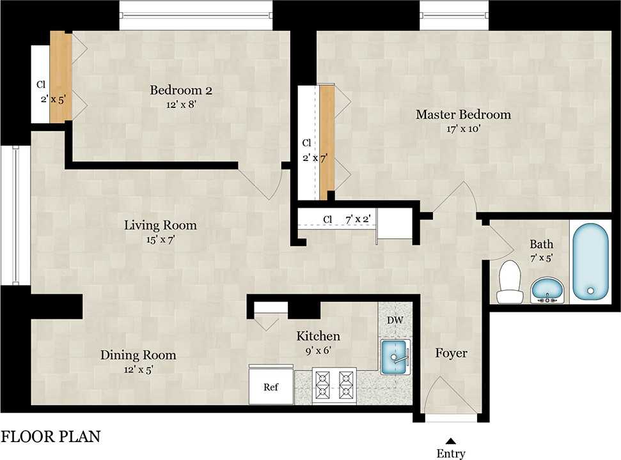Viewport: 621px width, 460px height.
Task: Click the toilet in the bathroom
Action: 510,283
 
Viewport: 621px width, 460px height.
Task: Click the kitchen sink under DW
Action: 395,356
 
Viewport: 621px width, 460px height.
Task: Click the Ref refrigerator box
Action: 271,387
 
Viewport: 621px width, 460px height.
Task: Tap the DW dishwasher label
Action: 394,319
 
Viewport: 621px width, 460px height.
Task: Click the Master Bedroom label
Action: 463,115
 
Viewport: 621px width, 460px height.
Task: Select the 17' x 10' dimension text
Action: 463,129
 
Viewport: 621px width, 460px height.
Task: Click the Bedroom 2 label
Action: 180,90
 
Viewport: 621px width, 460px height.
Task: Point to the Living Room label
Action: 160,226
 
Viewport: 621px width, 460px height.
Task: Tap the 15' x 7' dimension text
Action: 160,240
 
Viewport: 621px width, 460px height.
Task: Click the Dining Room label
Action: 138,355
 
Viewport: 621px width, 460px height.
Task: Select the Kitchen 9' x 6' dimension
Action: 317,349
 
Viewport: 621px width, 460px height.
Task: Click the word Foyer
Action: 451,353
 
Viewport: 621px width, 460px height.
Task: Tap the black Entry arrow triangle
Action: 450,440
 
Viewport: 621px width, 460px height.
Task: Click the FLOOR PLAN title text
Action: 51,438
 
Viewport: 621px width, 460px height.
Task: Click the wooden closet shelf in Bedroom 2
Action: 61,77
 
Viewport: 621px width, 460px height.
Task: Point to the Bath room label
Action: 541,244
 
